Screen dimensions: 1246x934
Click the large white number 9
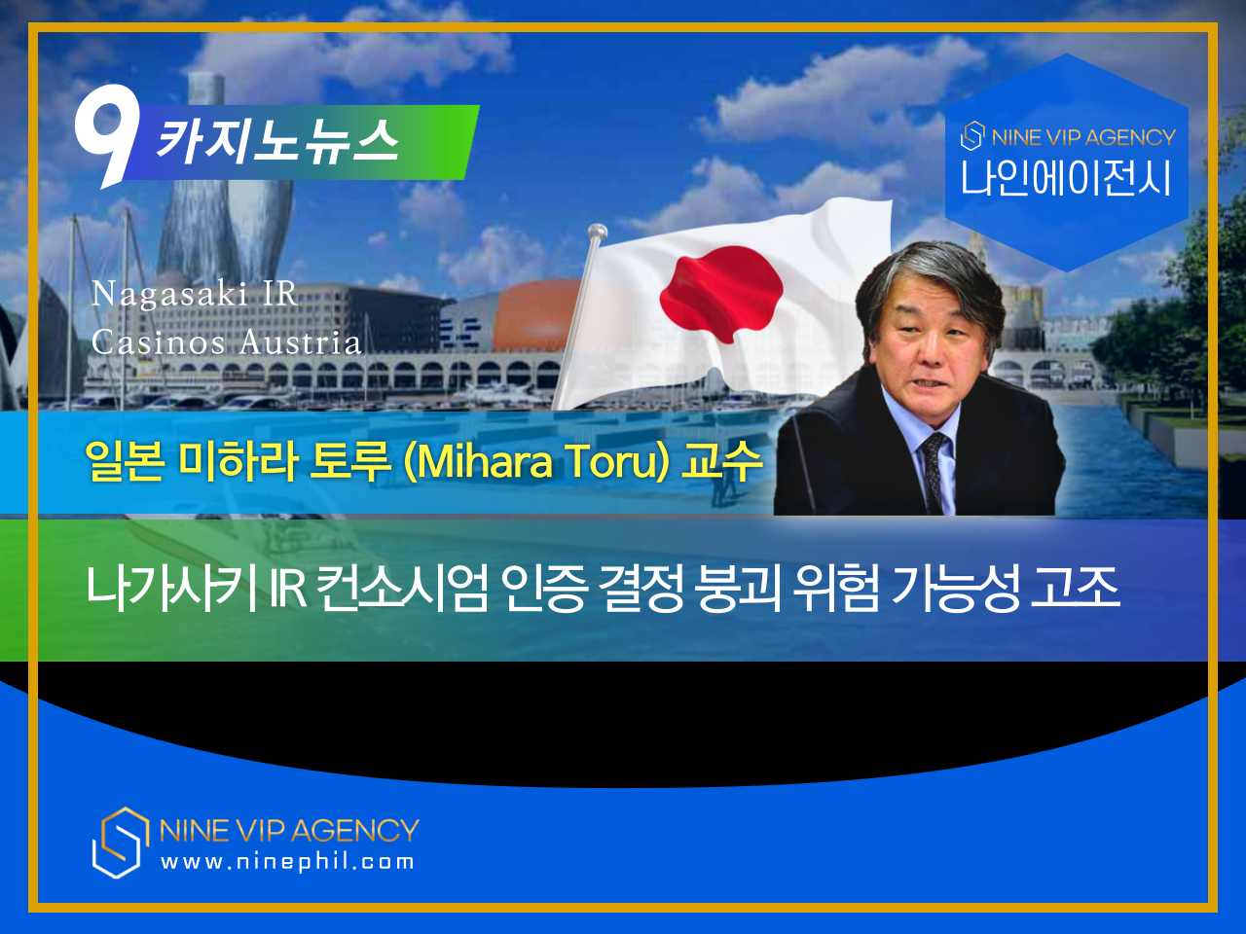[x=108, y=133]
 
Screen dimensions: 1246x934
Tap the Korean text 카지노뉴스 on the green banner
[x=277, y=142]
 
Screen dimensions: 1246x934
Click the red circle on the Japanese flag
[x=721, y=293]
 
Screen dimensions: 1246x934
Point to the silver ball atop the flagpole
[x=597, y=232]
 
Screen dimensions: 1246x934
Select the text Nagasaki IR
[x=194, y=294]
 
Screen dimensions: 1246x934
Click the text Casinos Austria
[x=226, y=342]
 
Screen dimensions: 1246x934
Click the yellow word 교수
[x=722, y=460]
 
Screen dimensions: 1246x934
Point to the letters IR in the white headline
[x=287, y=589]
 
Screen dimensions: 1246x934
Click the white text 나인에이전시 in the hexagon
[x=1066, y=178]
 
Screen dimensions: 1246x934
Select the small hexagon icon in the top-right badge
[x=971, y=136]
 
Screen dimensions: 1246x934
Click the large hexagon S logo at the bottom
[x=121, y=843]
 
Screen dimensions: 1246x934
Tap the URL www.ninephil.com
[x=287, y=862]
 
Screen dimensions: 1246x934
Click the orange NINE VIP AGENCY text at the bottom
[x=289, y=830]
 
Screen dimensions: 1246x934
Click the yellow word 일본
[x=125, y=460]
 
